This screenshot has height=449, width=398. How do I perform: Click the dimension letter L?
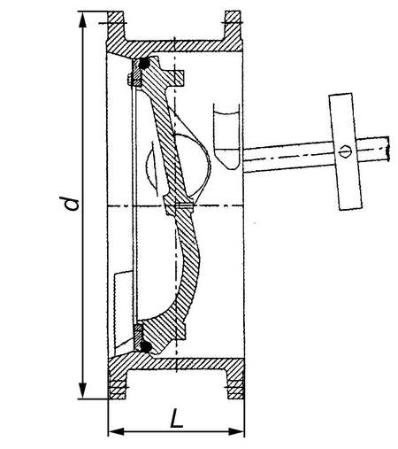pyautogui.click(x=176, y=418)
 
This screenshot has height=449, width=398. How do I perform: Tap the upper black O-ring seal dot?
pyautogui.click(x=144, y=63)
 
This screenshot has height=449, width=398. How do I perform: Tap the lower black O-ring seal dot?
pyautogui.click(x=146, y=346)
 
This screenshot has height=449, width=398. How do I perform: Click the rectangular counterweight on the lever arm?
pyautogui.click(x=346, y=151)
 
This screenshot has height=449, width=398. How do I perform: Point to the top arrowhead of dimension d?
pyautogui.click(x=83, y=20)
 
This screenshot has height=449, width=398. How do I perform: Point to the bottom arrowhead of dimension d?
pyautogui.click(x=83, y=391)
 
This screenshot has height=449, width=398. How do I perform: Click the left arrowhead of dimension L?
pyautogui.click(x=116, y=431)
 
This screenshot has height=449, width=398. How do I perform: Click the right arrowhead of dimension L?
pyautogui.click(x=236, y=431)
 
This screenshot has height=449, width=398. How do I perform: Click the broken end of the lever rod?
pyautogui.click(x=388, y=149)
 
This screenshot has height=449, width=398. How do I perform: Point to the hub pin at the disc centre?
pyautogui.click(x=184, y=205)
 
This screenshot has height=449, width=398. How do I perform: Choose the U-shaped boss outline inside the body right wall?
pyautogui.click(x=226, y=135)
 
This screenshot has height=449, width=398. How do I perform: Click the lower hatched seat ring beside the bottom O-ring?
pyautogui.click(x=138, y=336)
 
